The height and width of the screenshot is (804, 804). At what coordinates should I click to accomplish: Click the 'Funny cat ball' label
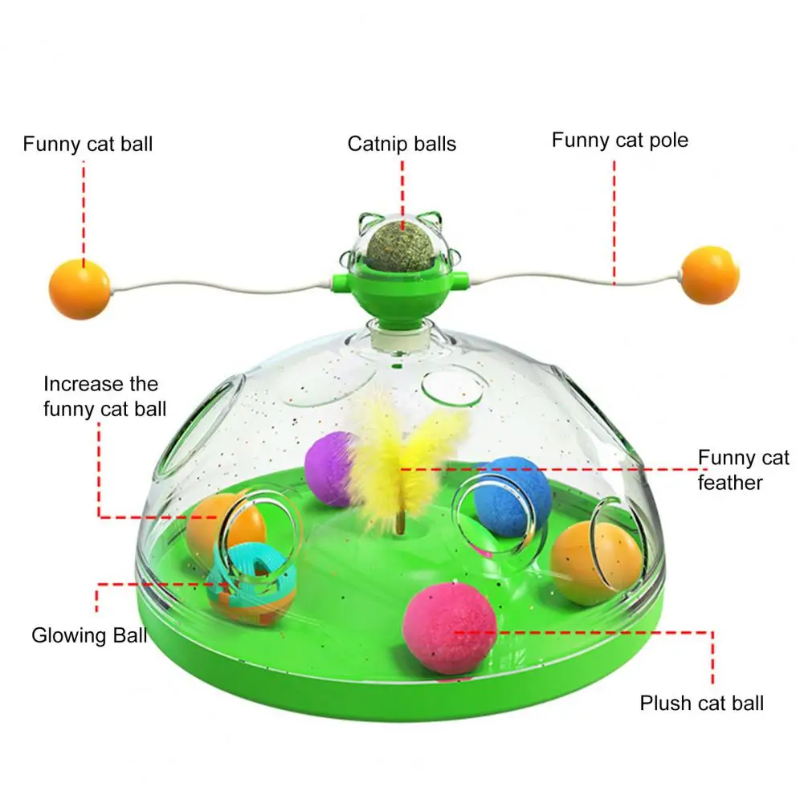click(88, 145)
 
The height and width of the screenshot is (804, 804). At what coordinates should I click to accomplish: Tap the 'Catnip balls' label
click(402, 145)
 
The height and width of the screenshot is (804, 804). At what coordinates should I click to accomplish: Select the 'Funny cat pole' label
click(619, 141)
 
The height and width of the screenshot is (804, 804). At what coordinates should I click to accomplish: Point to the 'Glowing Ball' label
click(89, 636)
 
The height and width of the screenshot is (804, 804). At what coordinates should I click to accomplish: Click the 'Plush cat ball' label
click(701, 704)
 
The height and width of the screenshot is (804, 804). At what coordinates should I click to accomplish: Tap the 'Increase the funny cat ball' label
click(104, 397)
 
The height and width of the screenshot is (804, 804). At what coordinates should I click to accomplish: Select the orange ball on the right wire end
click(710, 275)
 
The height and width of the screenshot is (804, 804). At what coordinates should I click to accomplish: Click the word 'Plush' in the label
click(664, 704)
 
